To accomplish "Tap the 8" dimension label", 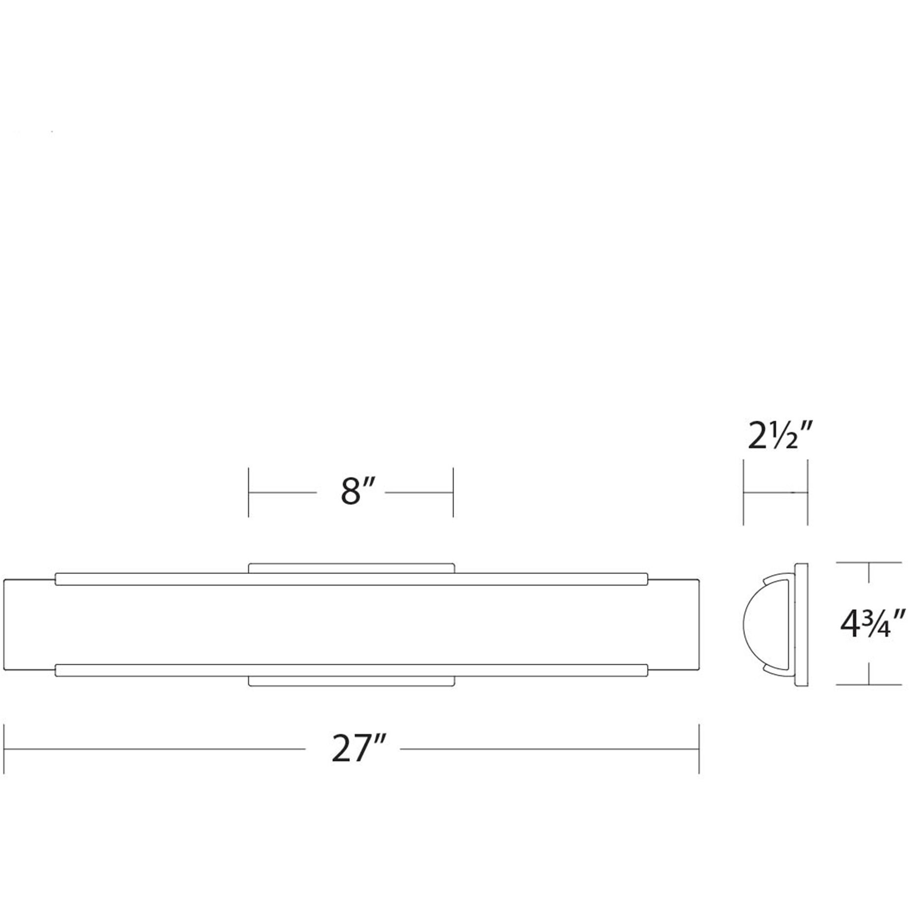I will (x=357, y=491).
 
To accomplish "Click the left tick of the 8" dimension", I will (x=249, y=492).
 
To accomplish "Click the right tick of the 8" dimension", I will (x=453, y=492).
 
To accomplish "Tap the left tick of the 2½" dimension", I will (x=743, y=492).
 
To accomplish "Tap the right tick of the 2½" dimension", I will (x=808, y=492).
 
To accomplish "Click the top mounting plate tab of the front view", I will (x=351, y=568).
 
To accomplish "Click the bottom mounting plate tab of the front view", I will (x=351, y=681).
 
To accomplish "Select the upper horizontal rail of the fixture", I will (x=351, y=579).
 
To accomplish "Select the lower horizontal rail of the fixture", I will (x=351, y=670).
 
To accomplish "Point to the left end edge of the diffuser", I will (x=4, y=624).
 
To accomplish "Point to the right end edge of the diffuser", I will (x=698, y=624).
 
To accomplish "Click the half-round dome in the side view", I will (x=757, y=624).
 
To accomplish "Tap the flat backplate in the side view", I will (x=801, y=624).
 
